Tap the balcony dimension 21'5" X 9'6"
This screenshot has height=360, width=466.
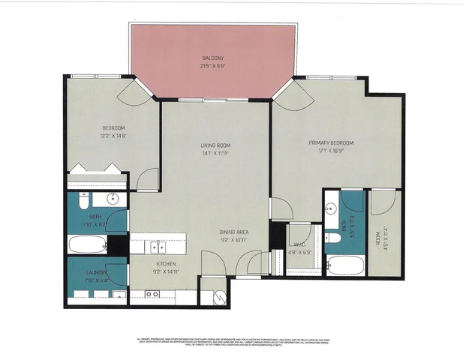(x=213, y=65)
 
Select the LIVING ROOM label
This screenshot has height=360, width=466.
(x=215, y=145)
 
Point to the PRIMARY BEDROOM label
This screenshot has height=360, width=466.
(x=331, y=142)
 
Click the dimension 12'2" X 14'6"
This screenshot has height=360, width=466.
(x=113, y=135)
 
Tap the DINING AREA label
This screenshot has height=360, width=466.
(x=234, y=232)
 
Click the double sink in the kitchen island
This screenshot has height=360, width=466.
(x=158, y=246)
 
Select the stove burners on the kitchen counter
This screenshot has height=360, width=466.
(x=152, y=295)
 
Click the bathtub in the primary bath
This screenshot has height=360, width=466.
(x=346, y=266)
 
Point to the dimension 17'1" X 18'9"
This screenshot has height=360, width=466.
(x=331, y=150)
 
